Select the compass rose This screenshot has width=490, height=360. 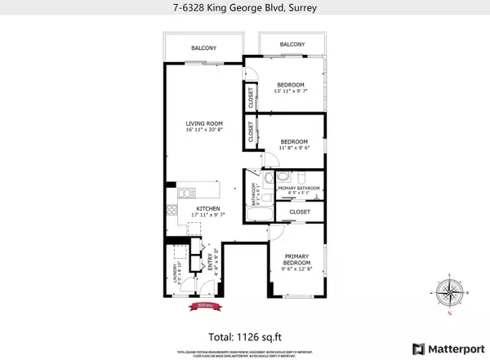[x=451, y=291]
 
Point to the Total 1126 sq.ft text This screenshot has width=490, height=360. [x=245, y=335]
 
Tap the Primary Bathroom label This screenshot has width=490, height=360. [x=297, y=189]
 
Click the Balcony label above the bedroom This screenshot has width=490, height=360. [x=292, y=44]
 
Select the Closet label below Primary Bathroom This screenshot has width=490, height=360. [x=299, y=211]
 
